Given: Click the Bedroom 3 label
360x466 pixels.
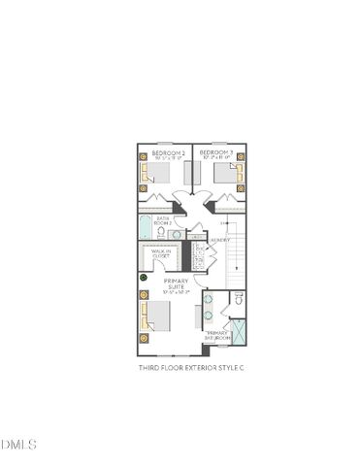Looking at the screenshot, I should coord(215,153).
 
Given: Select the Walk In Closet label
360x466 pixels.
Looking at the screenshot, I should coord(161,254).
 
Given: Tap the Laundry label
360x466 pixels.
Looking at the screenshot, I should coord(219,239).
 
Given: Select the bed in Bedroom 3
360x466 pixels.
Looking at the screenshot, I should coord(228,172).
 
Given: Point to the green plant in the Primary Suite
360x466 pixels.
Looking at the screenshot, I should coord(144,279).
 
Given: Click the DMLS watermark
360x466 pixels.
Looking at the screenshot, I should coord(18,446).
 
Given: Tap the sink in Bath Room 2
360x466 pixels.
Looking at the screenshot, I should coord(178,234).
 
